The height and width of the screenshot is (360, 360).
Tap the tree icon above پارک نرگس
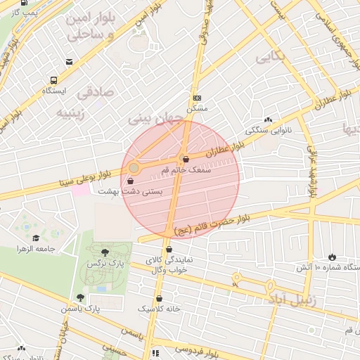pos(105,252)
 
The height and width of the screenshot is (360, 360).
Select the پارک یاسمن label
pos(80,308)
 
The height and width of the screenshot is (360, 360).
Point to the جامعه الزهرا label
pos(37,248)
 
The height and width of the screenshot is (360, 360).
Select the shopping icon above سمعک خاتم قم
pos(185,159)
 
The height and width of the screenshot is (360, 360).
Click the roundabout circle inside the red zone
pos(134,168)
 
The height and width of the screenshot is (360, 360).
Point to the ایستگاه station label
pos(53,91)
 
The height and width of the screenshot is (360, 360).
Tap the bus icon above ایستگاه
pos(53,80)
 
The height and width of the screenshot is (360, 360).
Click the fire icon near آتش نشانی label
pos(332,257)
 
